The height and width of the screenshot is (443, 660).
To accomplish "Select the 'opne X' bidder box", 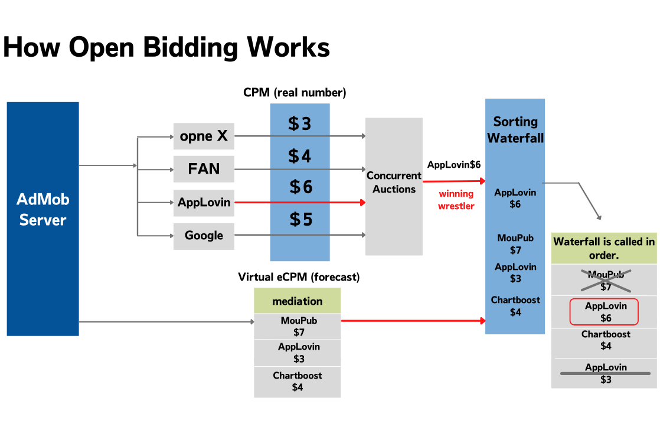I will [x=204, y=136].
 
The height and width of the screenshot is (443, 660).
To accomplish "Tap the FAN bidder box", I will [x=204, y=169].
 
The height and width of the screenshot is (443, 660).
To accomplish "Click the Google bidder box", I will [x=204, y=236].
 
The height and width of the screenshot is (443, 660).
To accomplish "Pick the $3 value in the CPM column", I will [x=299, y=123].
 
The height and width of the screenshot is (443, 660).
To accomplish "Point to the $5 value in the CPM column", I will [x=300, y=219].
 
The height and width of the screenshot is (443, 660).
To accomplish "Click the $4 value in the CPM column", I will [x=299, y=156].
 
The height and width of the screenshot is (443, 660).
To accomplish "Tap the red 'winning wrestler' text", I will [x=456, y=200].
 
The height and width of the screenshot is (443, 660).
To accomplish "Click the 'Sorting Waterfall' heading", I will [x=515, y=130].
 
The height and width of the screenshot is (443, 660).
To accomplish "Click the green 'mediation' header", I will [x=297, y=301].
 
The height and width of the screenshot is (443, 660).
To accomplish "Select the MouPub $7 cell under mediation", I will [x=298, y=327].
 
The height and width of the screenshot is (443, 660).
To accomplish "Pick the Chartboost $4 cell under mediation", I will [x=298, y=382].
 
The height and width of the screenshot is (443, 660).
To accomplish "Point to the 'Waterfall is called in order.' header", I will [x=604, y=248].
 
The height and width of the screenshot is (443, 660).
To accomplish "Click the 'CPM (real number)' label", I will [x=295, y=93].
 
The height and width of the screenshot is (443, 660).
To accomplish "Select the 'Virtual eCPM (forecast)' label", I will [x=299, y=277].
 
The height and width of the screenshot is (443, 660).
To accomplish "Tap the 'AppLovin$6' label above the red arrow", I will [x=454, y=165].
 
